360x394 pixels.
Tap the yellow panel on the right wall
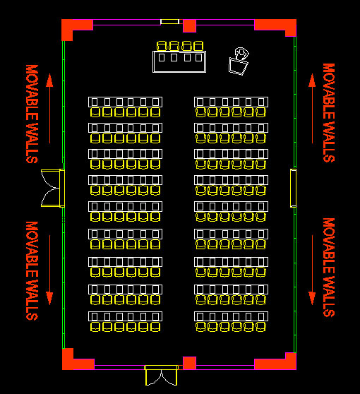(x=293, y=188)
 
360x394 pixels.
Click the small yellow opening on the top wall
(x=170, y=22)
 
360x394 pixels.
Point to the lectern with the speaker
(x=238, y=61)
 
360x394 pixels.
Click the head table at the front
(x=179, y=61)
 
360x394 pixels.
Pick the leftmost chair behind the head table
(x=162, y=46)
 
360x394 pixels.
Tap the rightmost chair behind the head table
(x=198, y=46)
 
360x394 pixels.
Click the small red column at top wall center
(x=189, y=26)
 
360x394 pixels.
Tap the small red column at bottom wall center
(x=189, y=363)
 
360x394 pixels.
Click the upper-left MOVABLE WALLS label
(x=32, y=114)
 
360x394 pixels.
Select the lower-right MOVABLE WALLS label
(x=329, y=268)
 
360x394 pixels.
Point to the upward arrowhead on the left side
(x=49, y=80)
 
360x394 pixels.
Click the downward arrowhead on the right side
(x=312, y=299)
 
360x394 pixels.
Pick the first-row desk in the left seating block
(x=126, y=102)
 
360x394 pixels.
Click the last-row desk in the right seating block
(x=231, y=316)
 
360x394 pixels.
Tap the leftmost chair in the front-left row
(x=95, y=112)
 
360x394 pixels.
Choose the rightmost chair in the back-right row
(x=260, y=327)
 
